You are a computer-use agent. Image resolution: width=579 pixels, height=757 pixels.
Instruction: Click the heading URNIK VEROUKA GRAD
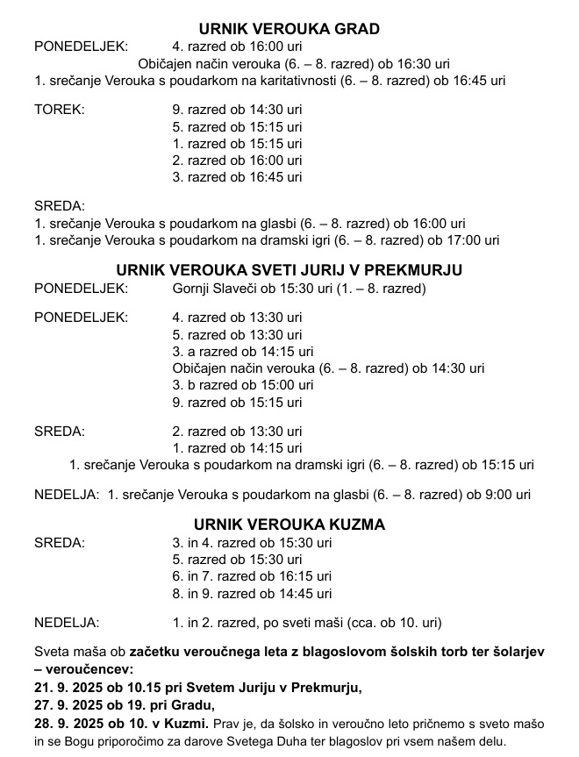(289, 29)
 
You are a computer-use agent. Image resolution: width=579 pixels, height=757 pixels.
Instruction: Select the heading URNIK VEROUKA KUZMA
(289, 525)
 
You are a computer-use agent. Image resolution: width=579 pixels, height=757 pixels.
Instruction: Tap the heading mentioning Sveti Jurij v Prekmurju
(289, 269)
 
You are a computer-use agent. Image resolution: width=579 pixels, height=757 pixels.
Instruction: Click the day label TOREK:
(59, 110)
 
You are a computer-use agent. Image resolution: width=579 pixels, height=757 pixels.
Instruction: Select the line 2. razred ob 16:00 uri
(237, 160)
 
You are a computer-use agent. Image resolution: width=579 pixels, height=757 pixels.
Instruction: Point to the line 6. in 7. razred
(252, 576)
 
